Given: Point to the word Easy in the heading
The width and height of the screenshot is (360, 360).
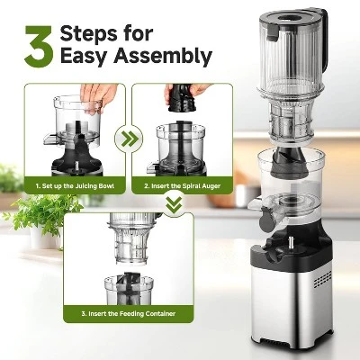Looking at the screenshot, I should pyautogui.click(x=85, y=58).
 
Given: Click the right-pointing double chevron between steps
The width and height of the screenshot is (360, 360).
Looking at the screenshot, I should pyautogui.click(x=132, y=140).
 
